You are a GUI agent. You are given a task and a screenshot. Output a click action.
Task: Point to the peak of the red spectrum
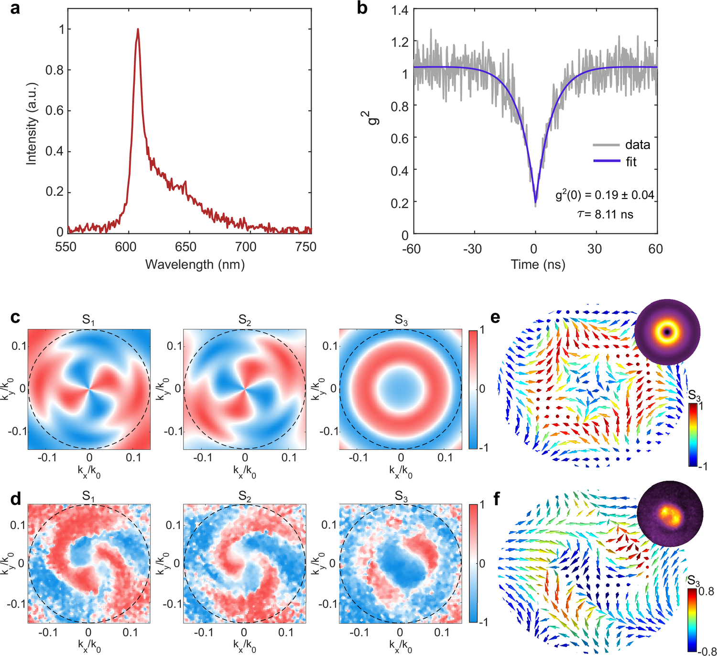(138, 29)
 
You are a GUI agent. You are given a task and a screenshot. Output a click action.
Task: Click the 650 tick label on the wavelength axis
(185, 247)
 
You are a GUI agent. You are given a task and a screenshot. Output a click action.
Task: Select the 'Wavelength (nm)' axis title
(195, 265)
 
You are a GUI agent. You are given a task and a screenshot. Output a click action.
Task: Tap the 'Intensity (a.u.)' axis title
(32, 124)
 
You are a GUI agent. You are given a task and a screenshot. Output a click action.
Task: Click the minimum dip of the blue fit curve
(535, 202)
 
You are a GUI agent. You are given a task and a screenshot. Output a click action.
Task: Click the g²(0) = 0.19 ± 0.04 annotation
(604, 195)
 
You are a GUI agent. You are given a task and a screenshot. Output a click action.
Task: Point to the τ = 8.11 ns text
(605, 214)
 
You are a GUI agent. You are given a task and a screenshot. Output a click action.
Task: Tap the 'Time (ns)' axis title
(538, 265)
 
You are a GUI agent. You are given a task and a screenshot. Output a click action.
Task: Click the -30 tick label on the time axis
(472, 249)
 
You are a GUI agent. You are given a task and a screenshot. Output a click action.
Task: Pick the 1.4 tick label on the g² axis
(400, 11)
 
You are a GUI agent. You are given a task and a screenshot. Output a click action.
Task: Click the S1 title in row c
(88, 320)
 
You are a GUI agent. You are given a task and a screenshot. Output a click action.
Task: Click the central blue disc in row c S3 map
(400, 389)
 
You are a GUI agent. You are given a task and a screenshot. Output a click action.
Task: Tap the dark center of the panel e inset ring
(666, 333)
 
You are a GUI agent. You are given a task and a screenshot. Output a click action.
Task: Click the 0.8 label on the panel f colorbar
(706, 591)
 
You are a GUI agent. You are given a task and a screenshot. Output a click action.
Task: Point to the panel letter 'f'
(496, 500)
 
